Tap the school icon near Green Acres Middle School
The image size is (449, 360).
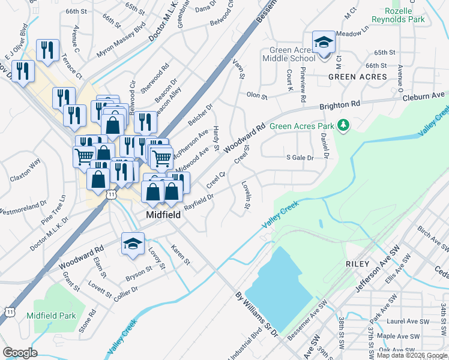tap(324, 43)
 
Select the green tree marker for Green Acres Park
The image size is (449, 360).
tap(343, 125)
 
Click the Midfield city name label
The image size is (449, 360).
tap(164, 214)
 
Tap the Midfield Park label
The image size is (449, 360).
tap(51, 316)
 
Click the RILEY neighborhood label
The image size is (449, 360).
tap(358, 263)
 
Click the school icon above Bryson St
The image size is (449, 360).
tap(133, 244)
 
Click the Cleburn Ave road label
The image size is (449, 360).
tap(424, 95)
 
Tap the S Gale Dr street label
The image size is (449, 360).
tap(300, 157)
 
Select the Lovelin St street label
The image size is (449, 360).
tap(246, 195)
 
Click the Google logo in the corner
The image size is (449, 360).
tap(20, 353)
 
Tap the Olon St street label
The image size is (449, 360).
tap(256, 95)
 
